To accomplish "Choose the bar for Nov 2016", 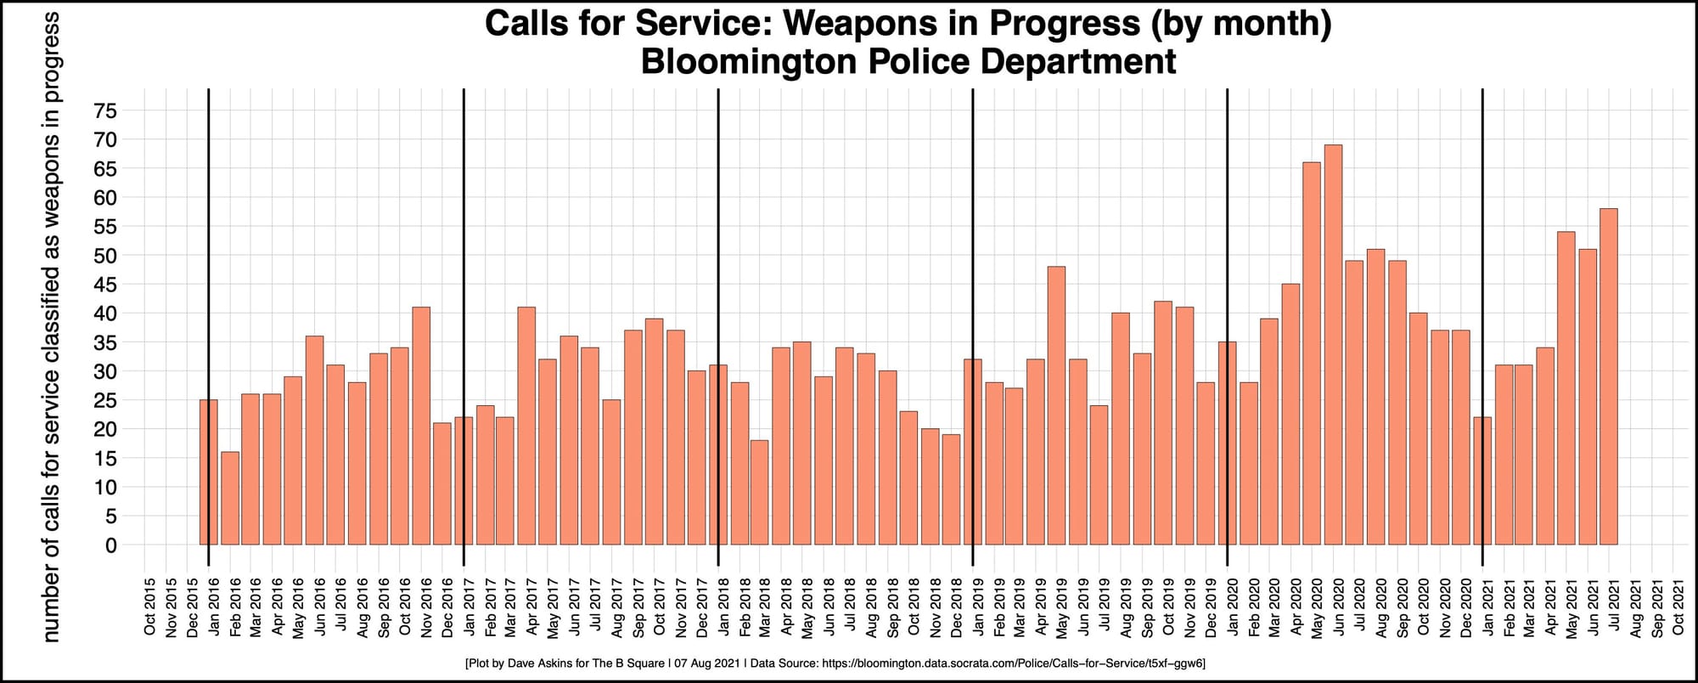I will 421,426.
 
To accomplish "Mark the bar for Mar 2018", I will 760,492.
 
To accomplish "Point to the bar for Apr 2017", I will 526,426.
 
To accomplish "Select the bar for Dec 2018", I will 951,489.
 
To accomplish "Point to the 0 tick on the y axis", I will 110,545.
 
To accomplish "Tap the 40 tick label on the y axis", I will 105,313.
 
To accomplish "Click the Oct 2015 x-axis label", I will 150,607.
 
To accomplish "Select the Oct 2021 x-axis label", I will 1678,607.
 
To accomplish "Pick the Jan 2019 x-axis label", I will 978,607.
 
